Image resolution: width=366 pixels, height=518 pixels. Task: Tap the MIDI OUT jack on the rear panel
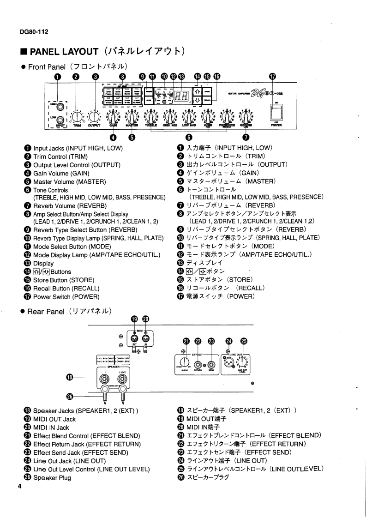click(x=134, y=338)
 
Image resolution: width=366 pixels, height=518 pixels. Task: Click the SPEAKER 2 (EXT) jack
click(x=122, y=379)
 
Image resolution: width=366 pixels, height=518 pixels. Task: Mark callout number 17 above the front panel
click(x=272, y=77)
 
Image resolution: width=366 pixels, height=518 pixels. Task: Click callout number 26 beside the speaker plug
click(x=71, y=398)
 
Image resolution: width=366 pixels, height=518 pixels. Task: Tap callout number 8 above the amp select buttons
click(x=122, y=77)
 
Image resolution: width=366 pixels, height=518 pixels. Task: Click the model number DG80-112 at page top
click(x=28, y=31)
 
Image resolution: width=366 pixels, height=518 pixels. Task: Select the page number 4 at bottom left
click(x=20, y=486)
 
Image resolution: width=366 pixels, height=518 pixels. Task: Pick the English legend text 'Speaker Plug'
click(x=52, y=478)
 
